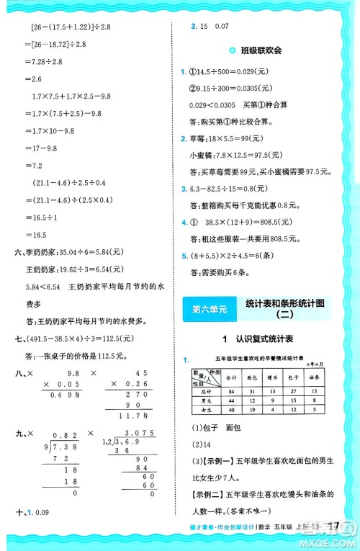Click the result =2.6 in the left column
(33, 79)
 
